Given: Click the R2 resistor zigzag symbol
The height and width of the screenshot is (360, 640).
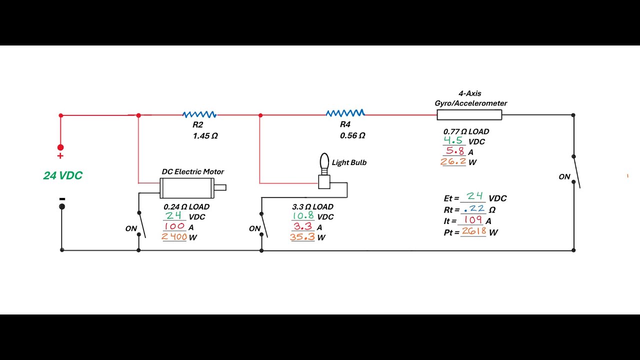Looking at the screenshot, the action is click(199, 114).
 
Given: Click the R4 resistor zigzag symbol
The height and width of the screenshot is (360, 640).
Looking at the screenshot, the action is click(345, 113).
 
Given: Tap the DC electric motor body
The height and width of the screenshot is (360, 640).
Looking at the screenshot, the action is click(187, 188).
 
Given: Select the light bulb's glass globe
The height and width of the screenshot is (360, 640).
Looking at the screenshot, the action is click(324, 161).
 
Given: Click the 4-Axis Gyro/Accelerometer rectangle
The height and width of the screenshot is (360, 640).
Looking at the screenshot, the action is click(469, 115).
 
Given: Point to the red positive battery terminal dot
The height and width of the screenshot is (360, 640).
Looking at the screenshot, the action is click(60, 147).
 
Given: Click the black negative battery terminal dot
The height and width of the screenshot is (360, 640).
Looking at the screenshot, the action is click(62, 206).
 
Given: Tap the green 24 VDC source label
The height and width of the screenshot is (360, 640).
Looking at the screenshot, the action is click(63, 175).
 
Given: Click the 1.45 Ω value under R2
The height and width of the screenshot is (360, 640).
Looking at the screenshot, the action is click(205, 136).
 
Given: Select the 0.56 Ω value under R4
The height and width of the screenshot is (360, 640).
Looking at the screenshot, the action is click(352, 135).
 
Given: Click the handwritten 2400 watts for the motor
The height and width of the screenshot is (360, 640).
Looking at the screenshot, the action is click(174, 236).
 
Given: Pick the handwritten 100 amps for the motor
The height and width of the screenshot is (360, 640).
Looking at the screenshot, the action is click(174, 226).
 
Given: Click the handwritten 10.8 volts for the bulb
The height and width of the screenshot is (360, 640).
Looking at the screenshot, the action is click(303, 215).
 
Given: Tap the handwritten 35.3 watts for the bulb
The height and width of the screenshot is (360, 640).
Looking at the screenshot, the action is click(302, 237).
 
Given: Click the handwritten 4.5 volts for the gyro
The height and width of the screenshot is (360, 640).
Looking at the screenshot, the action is click(453, 140).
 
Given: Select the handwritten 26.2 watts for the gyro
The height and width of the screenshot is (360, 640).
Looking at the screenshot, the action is click(453, 161).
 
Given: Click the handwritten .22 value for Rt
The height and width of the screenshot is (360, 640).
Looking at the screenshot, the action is click(474, 209).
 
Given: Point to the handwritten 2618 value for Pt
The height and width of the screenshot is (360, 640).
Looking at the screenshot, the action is click(473, 231).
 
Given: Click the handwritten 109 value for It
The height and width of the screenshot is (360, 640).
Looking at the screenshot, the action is click(473, 219).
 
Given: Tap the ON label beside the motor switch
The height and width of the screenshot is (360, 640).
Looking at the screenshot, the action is click(131, 228).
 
